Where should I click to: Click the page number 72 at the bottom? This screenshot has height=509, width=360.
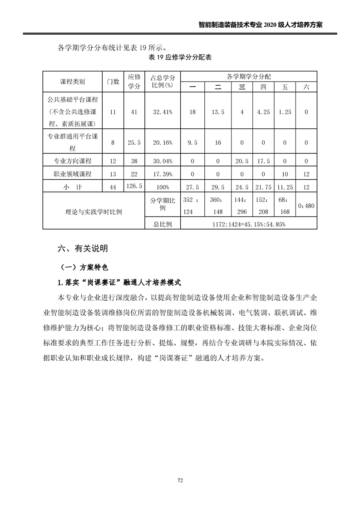(180, 480)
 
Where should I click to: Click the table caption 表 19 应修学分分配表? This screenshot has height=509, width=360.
(180, 58)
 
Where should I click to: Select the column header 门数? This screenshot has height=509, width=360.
(113, 82)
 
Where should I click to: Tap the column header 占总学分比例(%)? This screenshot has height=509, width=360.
(162, 82)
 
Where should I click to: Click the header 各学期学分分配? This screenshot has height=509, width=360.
(249, 76)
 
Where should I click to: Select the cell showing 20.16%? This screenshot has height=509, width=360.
(162, 142)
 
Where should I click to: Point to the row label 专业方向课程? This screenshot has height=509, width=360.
(73, 161)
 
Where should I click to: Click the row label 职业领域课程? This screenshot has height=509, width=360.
(73, 174)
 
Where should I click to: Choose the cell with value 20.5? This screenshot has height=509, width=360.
(242, 161)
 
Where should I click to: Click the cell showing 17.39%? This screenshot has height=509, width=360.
(162, 174)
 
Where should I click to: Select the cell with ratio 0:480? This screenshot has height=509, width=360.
(306, 206)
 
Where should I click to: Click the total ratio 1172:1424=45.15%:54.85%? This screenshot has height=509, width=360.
(249, 224)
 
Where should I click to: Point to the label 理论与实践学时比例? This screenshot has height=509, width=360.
(94, 211)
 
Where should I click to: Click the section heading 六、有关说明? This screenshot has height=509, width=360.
(83, 249)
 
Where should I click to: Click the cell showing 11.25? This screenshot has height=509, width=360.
(285, 187)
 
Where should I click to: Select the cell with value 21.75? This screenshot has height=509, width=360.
(264, 187)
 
